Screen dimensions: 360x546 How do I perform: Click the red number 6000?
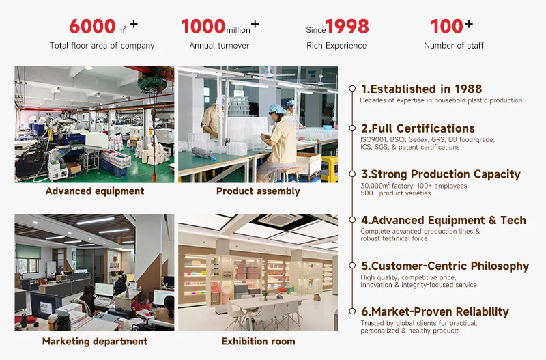click(92, 27)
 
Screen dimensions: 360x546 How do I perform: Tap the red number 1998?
click(347, 27)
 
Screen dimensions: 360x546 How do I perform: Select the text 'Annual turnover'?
click(219, 46)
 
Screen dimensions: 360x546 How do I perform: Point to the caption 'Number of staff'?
click(453, 46)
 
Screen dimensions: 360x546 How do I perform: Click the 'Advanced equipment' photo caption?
click(94, 191)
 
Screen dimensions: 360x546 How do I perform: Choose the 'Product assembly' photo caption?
click(258, 191)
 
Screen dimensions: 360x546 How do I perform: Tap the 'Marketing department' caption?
click(94, 341)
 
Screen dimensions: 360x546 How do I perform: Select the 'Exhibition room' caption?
click(258, 341)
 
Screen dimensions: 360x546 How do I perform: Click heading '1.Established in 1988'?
click(421, 89)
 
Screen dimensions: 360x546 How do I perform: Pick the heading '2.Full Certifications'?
click(418, 128)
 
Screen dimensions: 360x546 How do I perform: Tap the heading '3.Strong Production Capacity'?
click(440, 174)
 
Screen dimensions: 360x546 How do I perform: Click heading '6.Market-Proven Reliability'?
click(435, 311)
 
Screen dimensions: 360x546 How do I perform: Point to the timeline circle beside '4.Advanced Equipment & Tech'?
click(352, 220)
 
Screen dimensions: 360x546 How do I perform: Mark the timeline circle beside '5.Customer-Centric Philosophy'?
click(352, 266)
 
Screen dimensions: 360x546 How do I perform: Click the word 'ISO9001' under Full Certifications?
click(373, 139)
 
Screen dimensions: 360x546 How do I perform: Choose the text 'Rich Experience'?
click(336, 46)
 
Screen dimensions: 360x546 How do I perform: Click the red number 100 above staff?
click(446, 27)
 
